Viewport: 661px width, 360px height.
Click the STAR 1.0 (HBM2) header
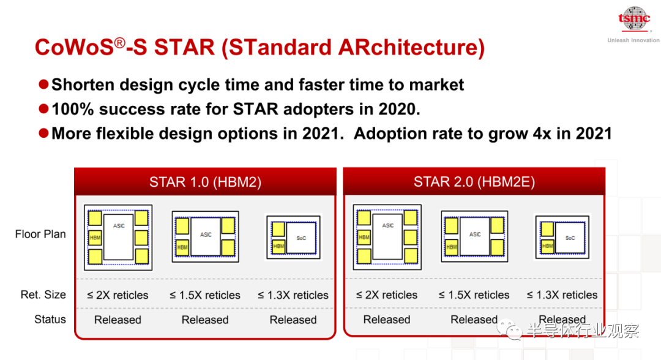coord(205,182)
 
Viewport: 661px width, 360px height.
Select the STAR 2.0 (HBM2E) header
coord(474,182)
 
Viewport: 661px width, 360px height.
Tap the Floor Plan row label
coord(40,234)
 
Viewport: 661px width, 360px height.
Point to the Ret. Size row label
coord(43,294)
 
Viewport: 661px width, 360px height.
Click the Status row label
coord(50,320)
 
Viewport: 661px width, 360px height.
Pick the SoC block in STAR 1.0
coord(301,238)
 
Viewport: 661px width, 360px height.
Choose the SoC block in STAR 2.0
coord(570,238)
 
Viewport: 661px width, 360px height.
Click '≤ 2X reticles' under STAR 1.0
coord(118,295)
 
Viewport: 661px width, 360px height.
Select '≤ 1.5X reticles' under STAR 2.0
coord(474,295)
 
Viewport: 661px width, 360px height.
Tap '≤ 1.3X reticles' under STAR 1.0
coord(293,295)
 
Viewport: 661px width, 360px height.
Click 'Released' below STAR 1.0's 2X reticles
coord(118,320)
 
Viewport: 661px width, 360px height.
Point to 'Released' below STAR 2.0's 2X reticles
coord(387,320)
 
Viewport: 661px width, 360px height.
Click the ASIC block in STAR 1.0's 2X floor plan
coord(119,237)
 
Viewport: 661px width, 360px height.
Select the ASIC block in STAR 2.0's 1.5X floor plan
coord(475,236)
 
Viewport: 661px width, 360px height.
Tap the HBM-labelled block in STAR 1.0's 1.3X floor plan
coord(278,246)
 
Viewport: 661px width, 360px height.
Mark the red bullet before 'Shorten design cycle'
coord(43,84)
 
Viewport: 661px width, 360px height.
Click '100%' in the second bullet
coord(72,109)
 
